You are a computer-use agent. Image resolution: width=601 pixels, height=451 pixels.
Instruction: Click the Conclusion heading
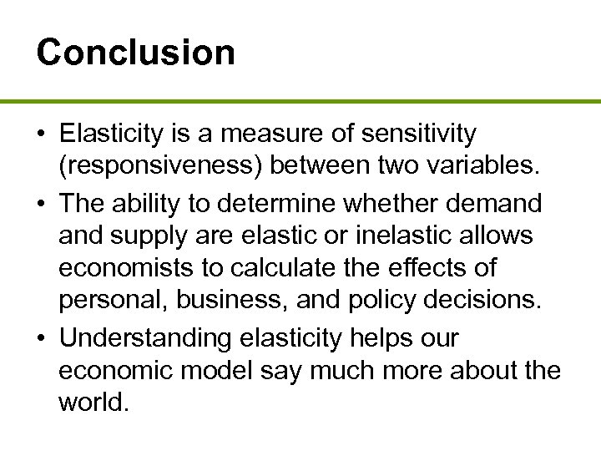(136, 52)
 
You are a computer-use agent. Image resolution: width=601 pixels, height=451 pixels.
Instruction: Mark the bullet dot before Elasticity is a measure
(42, 134)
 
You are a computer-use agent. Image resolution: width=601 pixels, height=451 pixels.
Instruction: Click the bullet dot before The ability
(42, 203)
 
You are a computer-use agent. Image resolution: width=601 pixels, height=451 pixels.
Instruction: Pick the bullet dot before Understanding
(42, 339)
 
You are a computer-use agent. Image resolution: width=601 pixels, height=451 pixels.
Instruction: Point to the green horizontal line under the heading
(300, 101)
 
